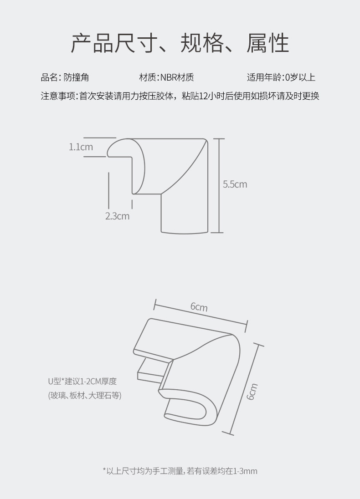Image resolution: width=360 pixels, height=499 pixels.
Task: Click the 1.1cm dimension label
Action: pyautogui.click(x=81, y=147)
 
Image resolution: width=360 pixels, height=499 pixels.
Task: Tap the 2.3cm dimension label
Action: pyautogui.click(x=117, y=216)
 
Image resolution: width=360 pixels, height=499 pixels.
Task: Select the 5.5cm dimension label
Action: pyautogui.click(x=235, y=184)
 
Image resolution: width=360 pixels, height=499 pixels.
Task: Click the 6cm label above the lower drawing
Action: pyautogui.click(x=199, y=307)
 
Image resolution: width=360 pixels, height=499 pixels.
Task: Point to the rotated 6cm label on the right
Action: pyautogui.click(x=252, y=392)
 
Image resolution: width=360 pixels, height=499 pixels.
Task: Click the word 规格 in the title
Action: pyautogui.click(x=202, y=43)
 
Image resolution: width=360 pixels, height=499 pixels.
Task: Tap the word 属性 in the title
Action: pyautogui.click(x=267, y=43)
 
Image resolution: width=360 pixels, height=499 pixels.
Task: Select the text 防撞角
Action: pyautogui.click(x=77, y=77)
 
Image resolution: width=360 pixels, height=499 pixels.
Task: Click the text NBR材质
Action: pyautogui.click(x=177, y=77)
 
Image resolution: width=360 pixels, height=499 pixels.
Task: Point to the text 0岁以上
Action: pyautogui.click(x=300, y=77)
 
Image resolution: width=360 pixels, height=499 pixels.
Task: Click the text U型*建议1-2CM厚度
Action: pyautogui.click(x=82, y=381)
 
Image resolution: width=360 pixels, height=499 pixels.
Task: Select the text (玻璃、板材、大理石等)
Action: pyautogui.click(x=85, y=395)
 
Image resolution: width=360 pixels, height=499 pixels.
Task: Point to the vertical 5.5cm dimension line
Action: pyautogui.click(x=219, y=186)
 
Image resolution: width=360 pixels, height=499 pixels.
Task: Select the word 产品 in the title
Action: pyautogui.click(x=92, y=43)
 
